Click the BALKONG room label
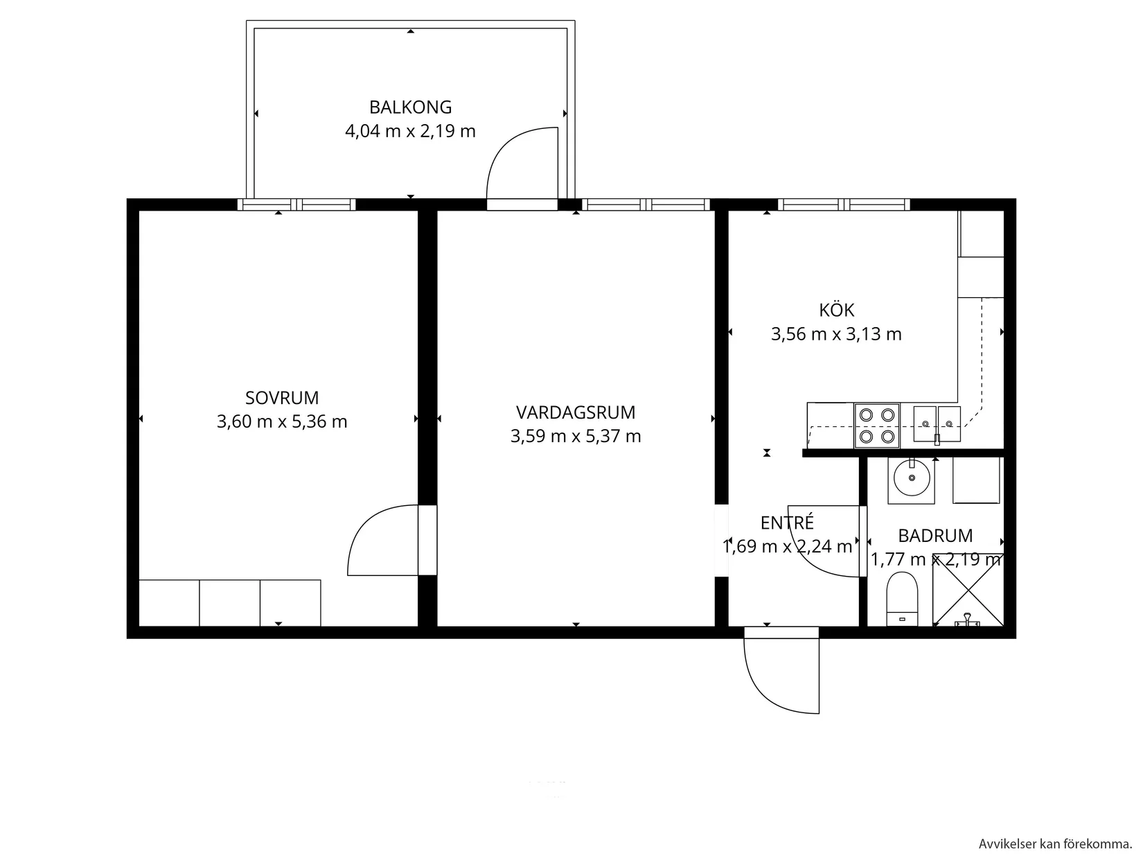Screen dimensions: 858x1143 coord(410,107)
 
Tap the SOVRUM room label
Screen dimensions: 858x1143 coord(282,398)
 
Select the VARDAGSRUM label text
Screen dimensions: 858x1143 coord(575,412)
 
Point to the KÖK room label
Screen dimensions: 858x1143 coord(836,310)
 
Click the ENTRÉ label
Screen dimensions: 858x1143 coord(786,523)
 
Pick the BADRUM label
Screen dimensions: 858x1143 coord(934,536)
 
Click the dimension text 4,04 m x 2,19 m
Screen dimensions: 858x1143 coord(410,131)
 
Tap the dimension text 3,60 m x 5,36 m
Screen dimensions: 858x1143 coord(282,421)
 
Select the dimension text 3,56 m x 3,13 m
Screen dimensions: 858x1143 coord(836,334)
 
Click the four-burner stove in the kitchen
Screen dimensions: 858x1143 coord(876,425)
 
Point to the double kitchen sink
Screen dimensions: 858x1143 coord(937,424)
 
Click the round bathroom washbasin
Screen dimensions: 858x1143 coord(911,477)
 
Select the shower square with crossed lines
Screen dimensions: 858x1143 coord(967,589)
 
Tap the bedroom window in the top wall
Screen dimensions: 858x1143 coord(296,204)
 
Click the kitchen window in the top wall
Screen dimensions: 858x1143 coord(843,204)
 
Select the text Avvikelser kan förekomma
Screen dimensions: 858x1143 coord(1055,844)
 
